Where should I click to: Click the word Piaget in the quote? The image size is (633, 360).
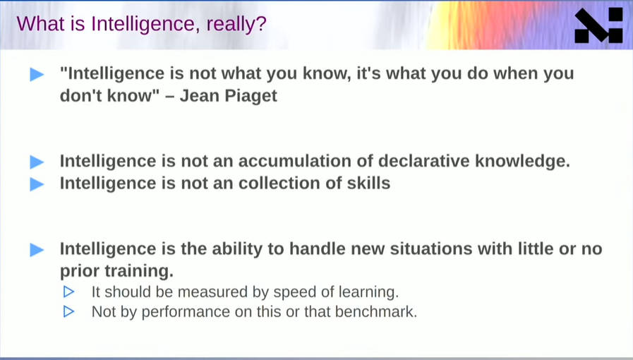pyautogui.click(x=251, y=96)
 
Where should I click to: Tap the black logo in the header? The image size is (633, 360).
pyautogui.click(x=598, y=25)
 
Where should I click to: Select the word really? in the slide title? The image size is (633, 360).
pyautogui.click(x=236, y=24)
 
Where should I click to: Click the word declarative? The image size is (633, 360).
pyautogui.click(x=424, y=161)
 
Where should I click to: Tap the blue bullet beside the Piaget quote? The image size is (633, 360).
pyautogui.click(x=37, y=74)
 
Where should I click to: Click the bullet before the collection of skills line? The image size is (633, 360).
pyautogui.click(x=37, y=184)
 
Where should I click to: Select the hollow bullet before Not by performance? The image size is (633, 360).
pyautogui.click(x=68, y=311)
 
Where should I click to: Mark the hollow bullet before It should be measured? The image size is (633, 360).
pyautogui.click(x=68, y=292)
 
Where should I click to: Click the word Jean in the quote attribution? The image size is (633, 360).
pyautogui.click(x=200, y=96)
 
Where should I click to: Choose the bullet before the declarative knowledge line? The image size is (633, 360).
pyautogui.click(x=37, y=162)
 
